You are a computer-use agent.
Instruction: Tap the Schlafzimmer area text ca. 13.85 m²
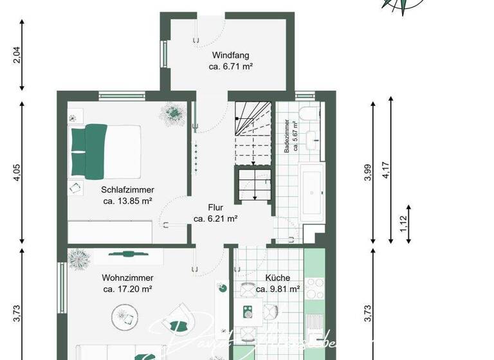(x=127, y=201)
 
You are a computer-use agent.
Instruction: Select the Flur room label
(x=215, y=208)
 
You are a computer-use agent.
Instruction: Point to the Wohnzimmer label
(x=127, y=278)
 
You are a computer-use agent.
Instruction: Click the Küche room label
(x=277, y=278)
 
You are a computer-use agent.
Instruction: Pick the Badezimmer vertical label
(x=290, y=135)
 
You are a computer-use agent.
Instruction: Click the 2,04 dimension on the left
(x=17, y=56)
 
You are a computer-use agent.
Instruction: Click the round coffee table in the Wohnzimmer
(x=125, y=316)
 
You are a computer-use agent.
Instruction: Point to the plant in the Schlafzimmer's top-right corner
(x=173, y=113)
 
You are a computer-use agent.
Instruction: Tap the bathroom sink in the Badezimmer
(x=313, y=139)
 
